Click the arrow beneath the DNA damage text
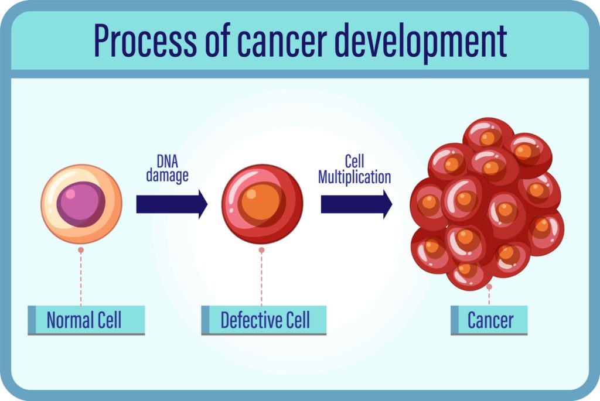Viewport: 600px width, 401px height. click(172, 204)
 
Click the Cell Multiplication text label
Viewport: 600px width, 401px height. click(354, 170)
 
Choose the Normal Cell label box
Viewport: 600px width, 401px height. click(86, 320)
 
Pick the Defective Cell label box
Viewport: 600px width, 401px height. click(264, 320)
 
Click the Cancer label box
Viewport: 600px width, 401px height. click(489, 320)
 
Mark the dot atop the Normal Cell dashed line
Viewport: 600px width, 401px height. click(81, 250)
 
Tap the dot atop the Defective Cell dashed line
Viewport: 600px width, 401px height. click(261, 250)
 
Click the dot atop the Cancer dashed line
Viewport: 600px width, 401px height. click(489, 287)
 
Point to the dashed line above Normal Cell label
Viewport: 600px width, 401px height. click(81, 278)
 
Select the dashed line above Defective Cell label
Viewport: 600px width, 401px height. click(261, 278)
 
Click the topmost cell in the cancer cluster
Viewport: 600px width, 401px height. click(488, 135)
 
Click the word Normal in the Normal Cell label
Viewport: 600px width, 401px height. click(70, 320)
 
